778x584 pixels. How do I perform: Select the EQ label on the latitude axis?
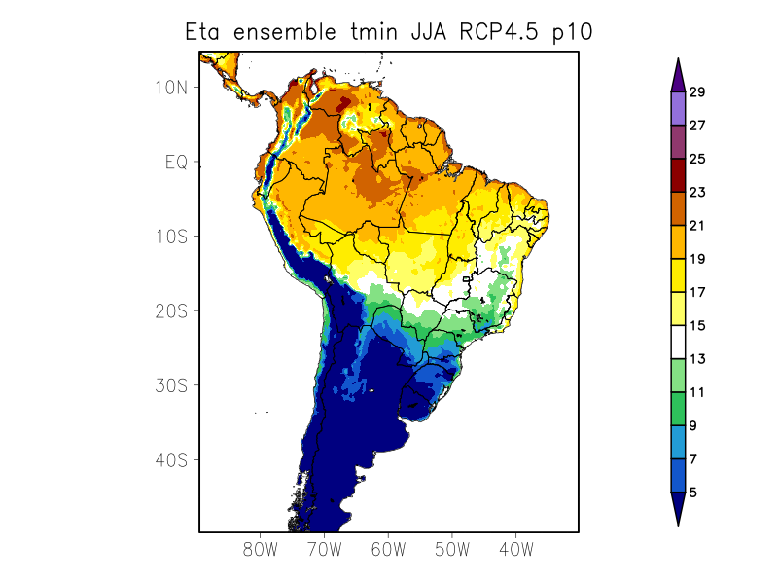(176, 163)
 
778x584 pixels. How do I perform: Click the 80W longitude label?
(261, 549)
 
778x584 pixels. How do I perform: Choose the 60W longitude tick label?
(388, 549)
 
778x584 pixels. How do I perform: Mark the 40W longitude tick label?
(515, 549)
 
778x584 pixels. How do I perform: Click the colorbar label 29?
(697, 92)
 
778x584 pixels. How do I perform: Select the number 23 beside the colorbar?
(697, 193)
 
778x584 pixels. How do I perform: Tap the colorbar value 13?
(697, 359)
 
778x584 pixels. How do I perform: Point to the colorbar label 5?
(693, 493)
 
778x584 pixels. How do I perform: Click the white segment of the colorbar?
(678, 343)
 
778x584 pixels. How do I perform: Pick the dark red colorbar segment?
(678, 176)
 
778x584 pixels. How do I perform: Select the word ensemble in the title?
(283, 32)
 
